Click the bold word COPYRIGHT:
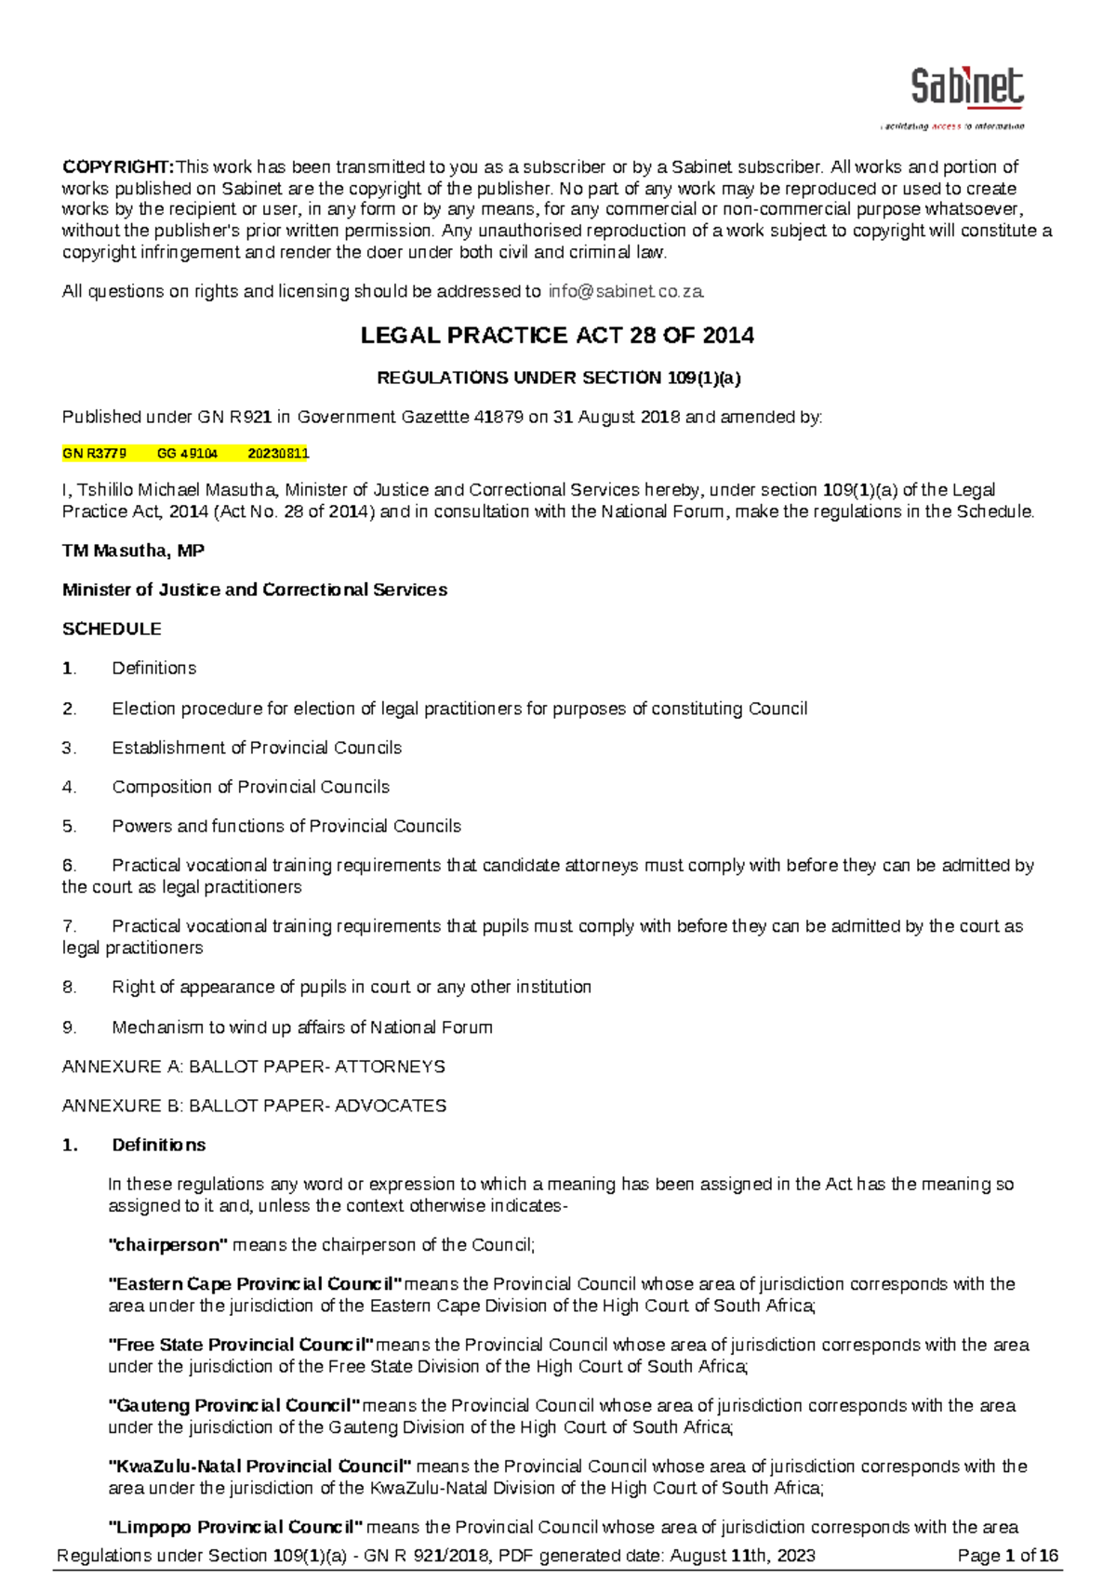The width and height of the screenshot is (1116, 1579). tap(117, 167)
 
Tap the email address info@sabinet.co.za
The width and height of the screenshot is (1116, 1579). tap(626, 291)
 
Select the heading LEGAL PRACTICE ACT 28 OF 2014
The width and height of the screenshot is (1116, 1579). tap(557, 336)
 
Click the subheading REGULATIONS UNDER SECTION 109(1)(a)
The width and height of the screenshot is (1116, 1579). tap(558, 378)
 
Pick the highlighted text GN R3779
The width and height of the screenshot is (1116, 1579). tap(94, 454)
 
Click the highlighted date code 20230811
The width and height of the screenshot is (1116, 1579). tap(278, 454)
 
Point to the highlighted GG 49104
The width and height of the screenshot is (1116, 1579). tap(187, 454)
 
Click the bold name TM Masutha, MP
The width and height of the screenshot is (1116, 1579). tap(133, 551)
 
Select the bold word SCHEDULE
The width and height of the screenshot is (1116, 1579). tap(112, 629)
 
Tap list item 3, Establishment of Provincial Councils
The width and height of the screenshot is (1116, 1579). tap(257, 748)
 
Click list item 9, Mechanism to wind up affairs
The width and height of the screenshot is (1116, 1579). tap(301, 1028)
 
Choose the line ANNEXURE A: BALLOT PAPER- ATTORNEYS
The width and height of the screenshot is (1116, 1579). tap(253, 1067)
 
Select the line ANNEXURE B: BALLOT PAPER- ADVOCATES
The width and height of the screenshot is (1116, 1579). tap(254, 1106)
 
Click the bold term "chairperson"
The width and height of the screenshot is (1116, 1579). tap(167, 1244)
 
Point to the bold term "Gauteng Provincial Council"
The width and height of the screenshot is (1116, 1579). tap(233, 1405)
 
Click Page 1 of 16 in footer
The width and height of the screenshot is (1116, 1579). tap(1008, 1556)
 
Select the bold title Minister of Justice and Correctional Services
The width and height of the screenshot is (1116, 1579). tap(254, 590)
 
